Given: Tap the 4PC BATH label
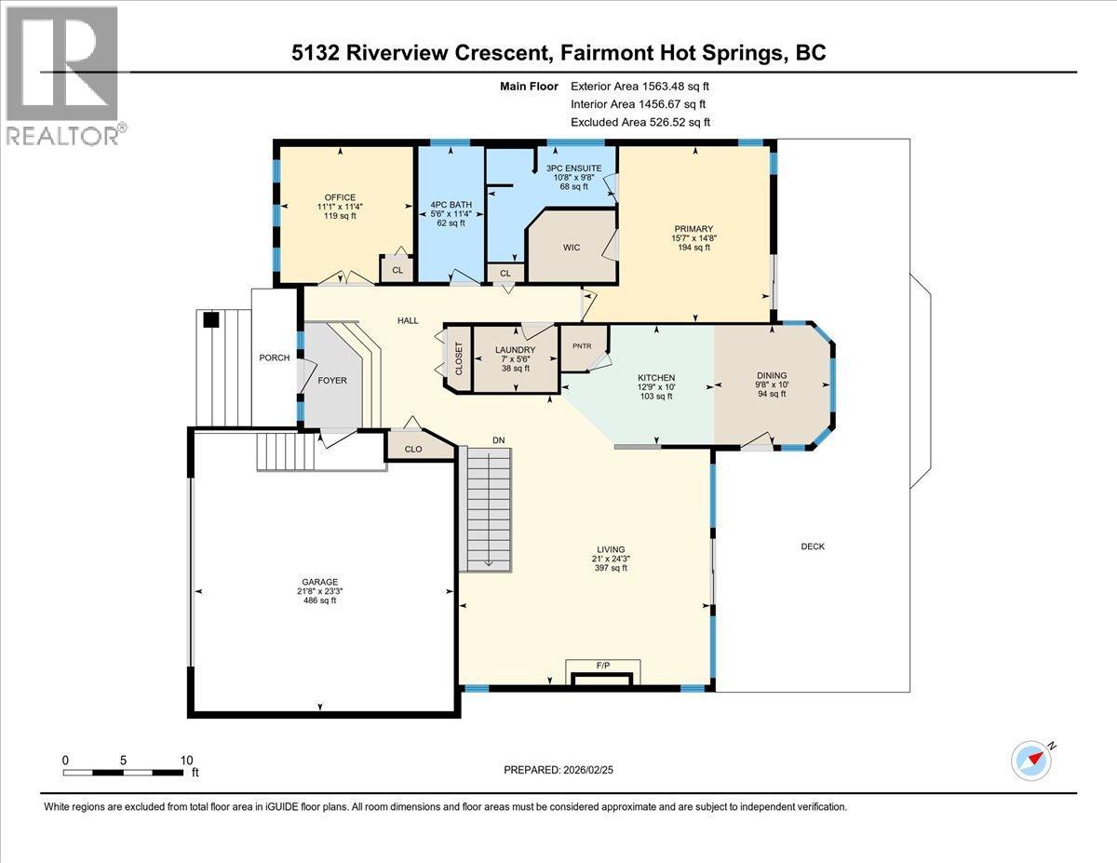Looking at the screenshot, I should coord(451,204).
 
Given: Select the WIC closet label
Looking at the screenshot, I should coord(572,247).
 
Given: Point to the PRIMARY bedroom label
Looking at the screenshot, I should coord(694,228).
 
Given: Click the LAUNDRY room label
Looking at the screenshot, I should coord(515,350).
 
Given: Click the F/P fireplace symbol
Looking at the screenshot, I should coord(602,667).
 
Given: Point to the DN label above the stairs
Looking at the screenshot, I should coord(499,439).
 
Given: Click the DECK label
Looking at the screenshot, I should coord(812,546).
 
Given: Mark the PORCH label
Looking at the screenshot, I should coord(275,358).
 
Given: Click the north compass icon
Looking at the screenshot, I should coord(1032,759).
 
